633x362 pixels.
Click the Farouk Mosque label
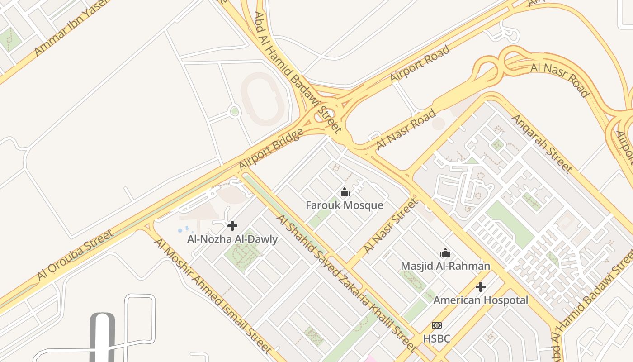[x=344, y=205]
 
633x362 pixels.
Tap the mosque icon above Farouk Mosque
[x=345, y=192]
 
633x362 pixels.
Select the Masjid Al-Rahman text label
[x=445, y=266]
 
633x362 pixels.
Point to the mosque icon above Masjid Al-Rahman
[x=445, y=252]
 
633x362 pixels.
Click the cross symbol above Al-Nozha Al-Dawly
[x=232, y=226]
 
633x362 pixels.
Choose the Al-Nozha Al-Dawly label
[x=232, y=239]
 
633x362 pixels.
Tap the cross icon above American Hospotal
[x=481, y=287]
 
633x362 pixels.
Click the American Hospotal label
[x=481, y=300]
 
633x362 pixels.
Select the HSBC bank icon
[x=436, y=325]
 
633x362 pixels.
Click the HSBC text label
[x=436, y=338]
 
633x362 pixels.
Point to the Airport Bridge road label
[x=271, y=149]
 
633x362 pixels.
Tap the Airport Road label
[x=420, y=64]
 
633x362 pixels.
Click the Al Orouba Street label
[x=76, y=255]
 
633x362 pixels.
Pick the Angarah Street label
[x=542, y=143]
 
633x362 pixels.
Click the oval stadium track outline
[x=263, y=99]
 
